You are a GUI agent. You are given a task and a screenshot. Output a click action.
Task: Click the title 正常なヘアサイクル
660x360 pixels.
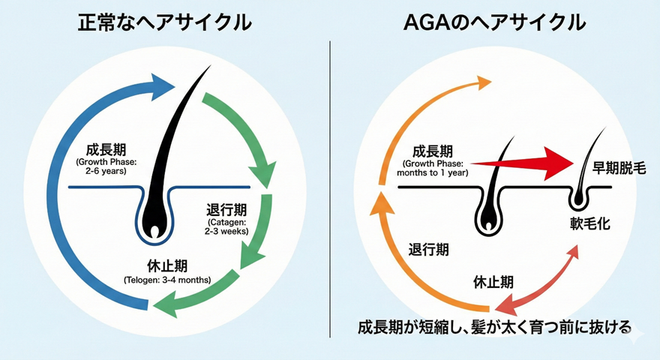165,22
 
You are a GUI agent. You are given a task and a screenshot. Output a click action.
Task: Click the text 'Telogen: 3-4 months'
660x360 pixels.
167,280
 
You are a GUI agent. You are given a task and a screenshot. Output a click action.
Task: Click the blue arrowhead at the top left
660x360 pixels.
161,88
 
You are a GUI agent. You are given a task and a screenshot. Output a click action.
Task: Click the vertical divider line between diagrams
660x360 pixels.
330,187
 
